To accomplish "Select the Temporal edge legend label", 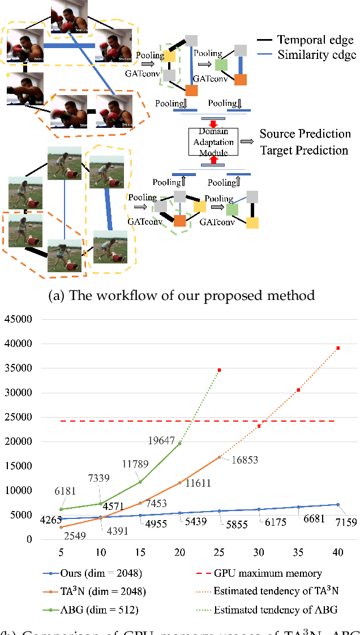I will [x=316, y=39].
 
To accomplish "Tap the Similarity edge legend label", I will [x=317, y=55].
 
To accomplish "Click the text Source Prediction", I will [x=305, y=134].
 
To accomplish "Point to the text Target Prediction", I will [x=304, y=151].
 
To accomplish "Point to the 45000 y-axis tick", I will [x=18, y=319].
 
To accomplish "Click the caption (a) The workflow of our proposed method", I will [x=180, y=295].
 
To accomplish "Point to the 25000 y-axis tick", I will [x=18, y=417].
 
